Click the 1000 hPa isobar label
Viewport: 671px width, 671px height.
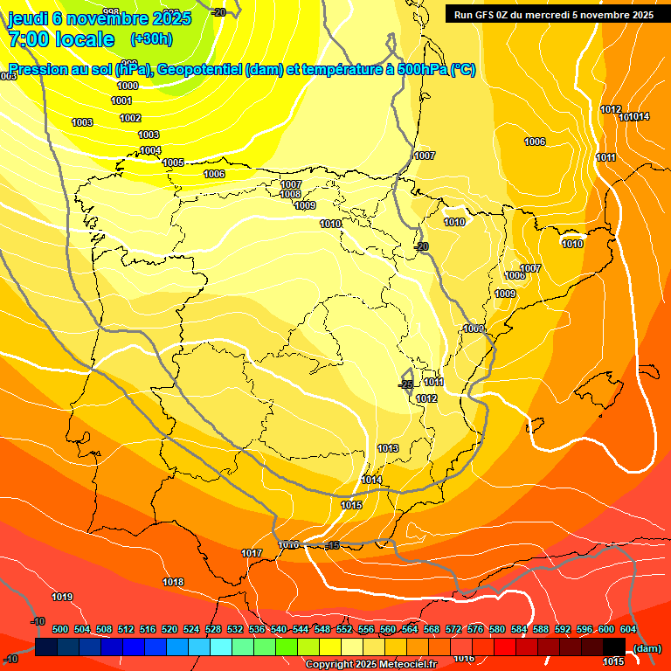coord(128,86)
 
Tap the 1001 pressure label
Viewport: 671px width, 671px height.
coord(122,101)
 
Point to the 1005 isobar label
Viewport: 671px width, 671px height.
coord(173,163)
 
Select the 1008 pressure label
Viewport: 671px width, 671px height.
coord(291,194)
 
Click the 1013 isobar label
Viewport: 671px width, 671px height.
coord(388,448)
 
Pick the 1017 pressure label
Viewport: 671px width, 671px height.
coord(252,553)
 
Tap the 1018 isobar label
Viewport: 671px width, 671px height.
coord(173,582)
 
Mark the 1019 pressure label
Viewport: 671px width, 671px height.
coord(62,597)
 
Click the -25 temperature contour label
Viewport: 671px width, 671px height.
coord(405,384)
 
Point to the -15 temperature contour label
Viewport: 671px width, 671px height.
coord(331,545)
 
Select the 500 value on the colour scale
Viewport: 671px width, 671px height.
coord(60,629)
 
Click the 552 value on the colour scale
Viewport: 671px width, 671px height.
coord(344,629)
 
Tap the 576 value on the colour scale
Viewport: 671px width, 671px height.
coord(475,629)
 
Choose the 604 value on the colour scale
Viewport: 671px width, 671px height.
coord(628,629)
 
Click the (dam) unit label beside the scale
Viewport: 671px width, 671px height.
coord(647,648)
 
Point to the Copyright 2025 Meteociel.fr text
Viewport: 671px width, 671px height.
coord(370,665)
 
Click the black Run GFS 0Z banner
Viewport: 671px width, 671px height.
coord(554,14)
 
